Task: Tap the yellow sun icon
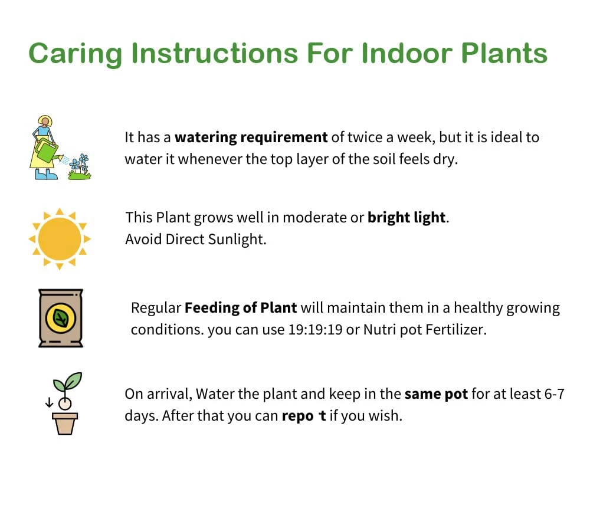click(59, 239)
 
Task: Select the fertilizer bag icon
click(60, 317)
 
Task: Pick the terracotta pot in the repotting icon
click(65, 422)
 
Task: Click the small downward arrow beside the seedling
click(49, 403)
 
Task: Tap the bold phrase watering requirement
click(251, 138)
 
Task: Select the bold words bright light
click(406, 217)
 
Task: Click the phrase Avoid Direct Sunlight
click(196, 240)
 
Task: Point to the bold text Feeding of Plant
click(241, 308)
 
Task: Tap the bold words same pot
click(436, 393)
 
